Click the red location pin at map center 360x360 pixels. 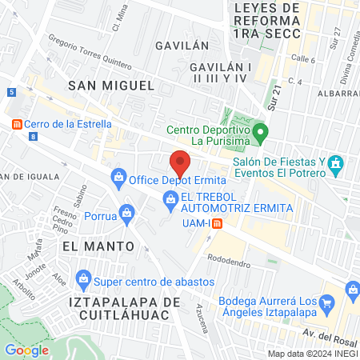[180, 162]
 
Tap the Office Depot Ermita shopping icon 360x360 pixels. [119, 176]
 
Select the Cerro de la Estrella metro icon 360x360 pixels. [16, 123]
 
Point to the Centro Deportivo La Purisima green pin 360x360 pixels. [259, 130]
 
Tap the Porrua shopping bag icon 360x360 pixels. [126, 213]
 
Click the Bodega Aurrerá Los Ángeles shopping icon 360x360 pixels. [326, 302]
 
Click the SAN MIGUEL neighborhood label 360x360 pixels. [110, 84]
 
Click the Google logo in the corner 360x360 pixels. [26, 350]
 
